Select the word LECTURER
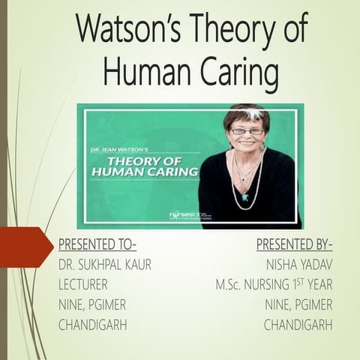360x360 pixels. tap(82, 285)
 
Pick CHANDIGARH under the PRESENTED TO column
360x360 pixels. tap(92, 325)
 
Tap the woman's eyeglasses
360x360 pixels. tap(247, 131)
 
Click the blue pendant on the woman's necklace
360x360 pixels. tap(245, 196)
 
